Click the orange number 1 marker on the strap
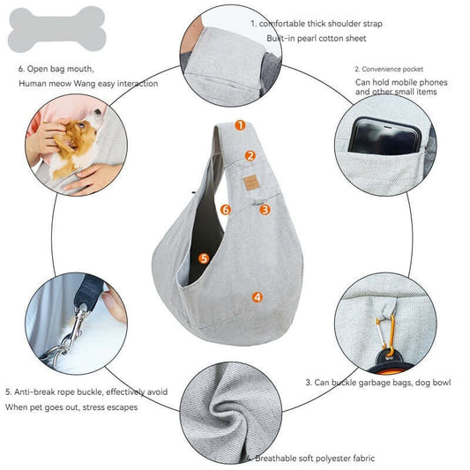pos(240,125)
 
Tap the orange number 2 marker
pos(250,156)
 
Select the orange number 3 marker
pos(265,210)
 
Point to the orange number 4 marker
pos(257,297)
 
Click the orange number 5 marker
pos(204,258)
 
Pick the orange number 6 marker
pos(226,210)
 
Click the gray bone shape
pos(57,29)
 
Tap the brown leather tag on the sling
pos(251,183)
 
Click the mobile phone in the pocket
pos(384,137)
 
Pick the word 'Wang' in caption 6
pos(85,83)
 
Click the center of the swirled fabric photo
pos(231,413)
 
